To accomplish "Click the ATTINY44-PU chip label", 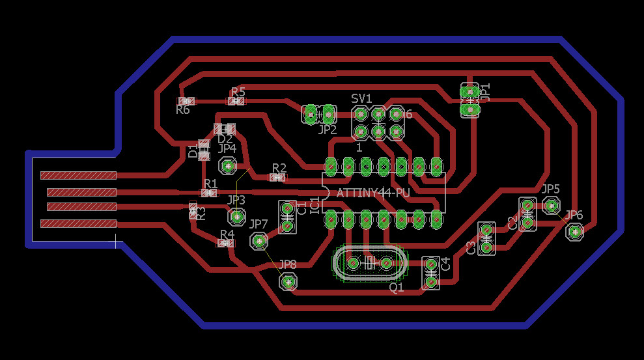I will pyautogui.click(x=373, y=193).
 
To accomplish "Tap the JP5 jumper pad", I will pyautogui.click(x=551, y=205).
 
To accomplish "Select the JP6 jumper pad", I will pyautogui.click(x=574, y=231).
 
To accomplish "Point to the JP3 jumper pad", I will pyautogui.click(x=236, y=215).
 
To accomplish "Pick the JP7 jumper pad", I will pyautogui.click(x=259, y=241).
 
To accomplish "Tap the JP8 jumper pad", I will pyautogui.click(x=288, y=281).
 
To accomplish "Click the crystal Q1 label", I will pyautogui.click(x=397, y=286).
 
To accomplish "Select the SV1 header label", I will pyautogui.click(x=361, y=98).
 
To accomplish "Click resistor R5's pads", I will pyautogui.click(x=236, y=101).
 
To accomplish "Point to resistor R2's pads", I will pyautogui.click(x=277, y=176).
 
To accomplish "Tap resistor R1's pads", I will pyautogui.click(x=209, y=193).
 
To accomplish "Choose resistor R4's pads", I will pyautogui.click(x=225, y=243).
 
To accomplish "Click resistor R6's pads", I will pyautogui.click(x=186, y=101).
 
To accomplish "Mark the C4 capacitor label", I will pyautogui.click(x=446, y=264).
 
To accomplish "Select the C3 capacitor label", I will pyautogui.click(x=471, y=247).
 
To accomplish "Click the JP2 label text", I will pyautogui.click(x=327, y=130).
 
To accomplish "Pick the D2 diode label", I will pyautogui.click(x=225, y=139).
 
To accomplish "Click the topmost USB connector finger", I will pyautogui.click(x=78, y=175).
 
